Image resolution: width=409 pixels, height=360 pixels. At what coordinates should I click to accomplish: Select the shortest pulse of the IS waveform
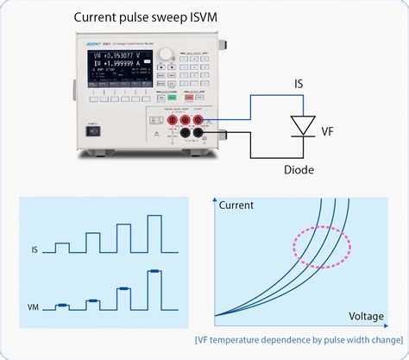[62, 248]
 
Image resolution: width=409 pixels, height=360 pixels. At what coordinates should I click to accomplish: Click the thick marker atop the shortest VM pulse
[62, 304]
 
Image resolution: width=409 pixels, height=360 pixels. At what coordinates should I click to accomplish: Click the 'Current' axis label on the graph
[236, 205]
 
